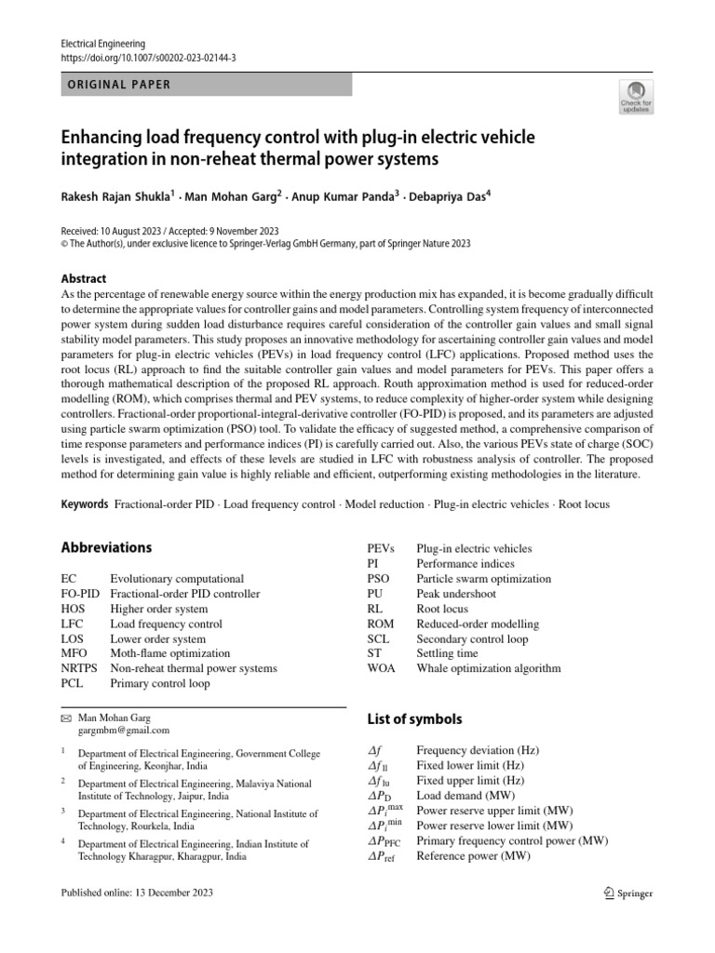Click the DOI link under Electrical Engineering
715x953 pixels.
[x=147, y=58]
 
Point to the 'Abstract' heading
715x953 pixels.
[x=84, y=278]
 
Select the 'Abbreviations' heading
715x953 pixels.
[x=106, y=547]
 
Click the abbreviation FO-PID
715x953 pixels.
[x=80, y=594]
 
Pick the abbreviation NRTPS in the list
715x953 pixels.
[x=81, y=668]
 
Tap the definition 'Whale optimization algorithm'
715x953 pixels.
[x=489, y=668]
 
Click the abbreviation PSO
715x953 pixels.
[x=381, y=579]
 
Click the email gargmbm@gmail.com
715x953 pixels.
[x=117, y=732]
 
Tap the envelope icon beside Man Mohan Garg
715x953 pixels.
[x=65, y=718]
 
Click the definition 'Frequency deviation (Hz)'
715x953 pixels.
[x=477, y=750]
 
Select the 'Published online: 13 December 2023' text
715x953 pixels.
[x=137, y=893]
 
